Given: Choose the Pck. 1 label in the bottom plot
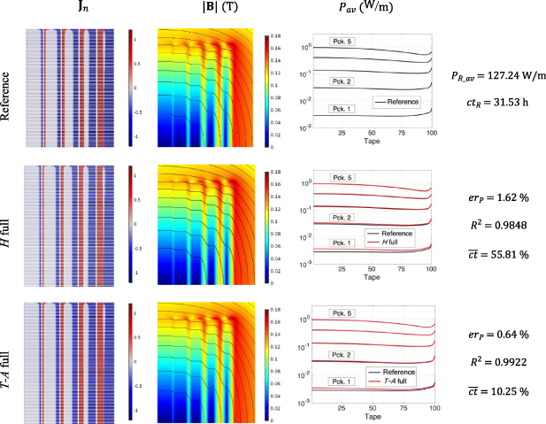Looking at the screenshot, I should (x=342, y=381).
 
